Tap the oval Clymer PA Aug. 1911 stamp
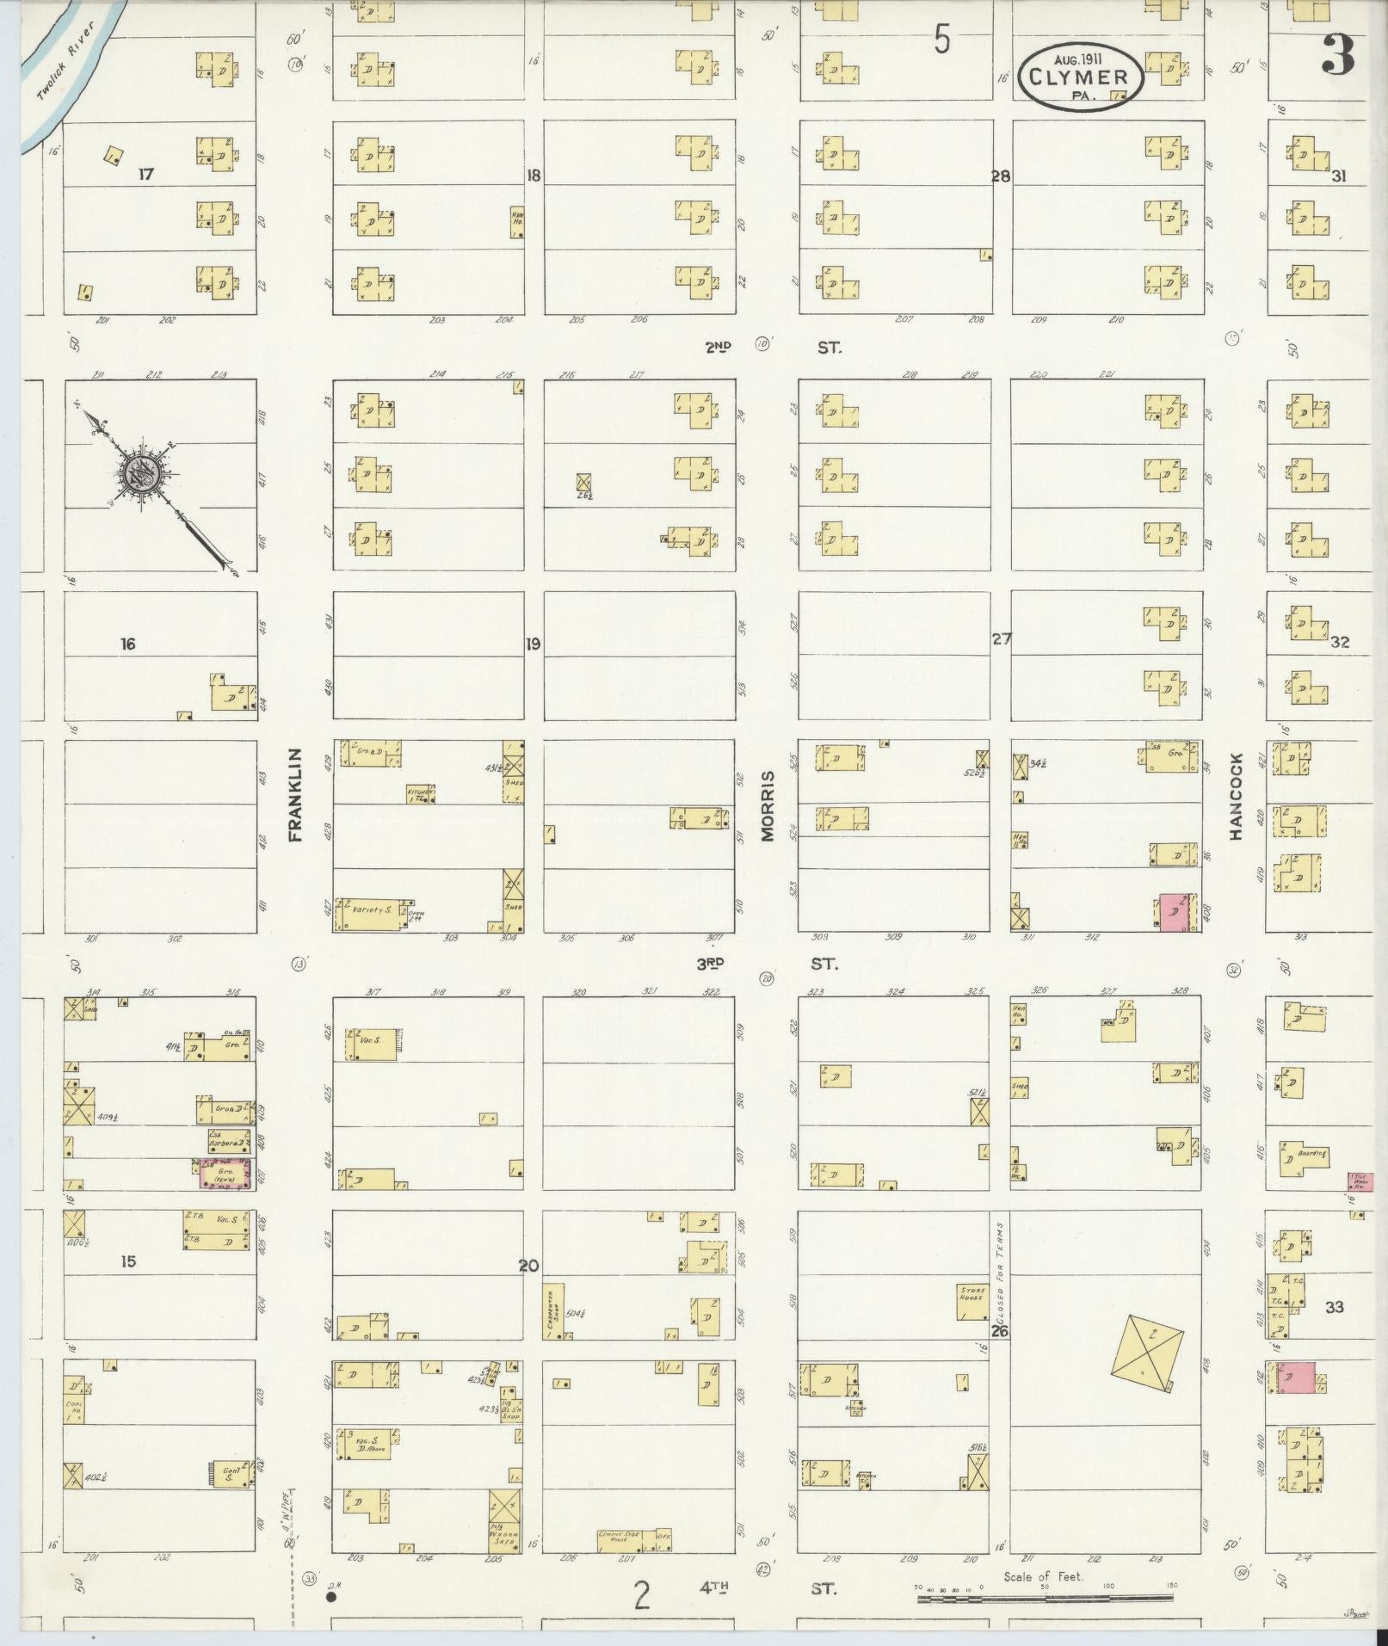point(1082,77)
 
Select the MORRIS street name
point(768,805)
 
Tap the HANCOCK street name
point(1237,797)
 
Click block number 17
point(145,174)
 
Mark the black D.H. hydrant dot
point(330,1597)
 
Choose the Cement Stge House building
point(626,1538)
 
